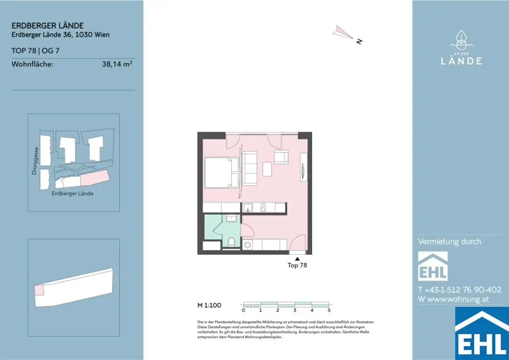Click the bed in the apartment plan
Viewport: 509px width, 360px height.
tap(219, 172)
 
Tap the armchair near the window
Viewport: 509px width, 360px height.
tap(280, 158)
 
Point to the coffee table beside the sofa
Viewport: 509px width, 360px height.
tap(267, 169)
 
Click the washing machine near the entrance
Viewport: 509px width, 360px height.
tap(248, 245)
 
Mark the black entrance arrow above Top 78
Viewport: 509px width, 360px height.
tap(297, 259)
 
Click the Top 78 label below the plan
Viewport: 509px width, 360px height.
tap(297, 266)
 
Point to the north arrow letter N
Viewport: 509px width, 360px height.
tap(358, 42)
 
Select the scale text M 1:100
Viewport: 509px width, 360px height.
tap(209, 305)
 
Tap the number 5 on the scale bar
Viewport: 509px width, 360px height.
tap(329, 310)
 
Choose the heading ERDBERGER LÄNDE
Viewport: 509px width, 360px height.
tap(47, 25)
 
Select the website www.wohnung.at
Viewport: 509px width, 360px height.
tap(457, 299)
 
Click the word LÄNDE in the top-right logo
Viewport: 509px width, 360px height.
tap(461, 61)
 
